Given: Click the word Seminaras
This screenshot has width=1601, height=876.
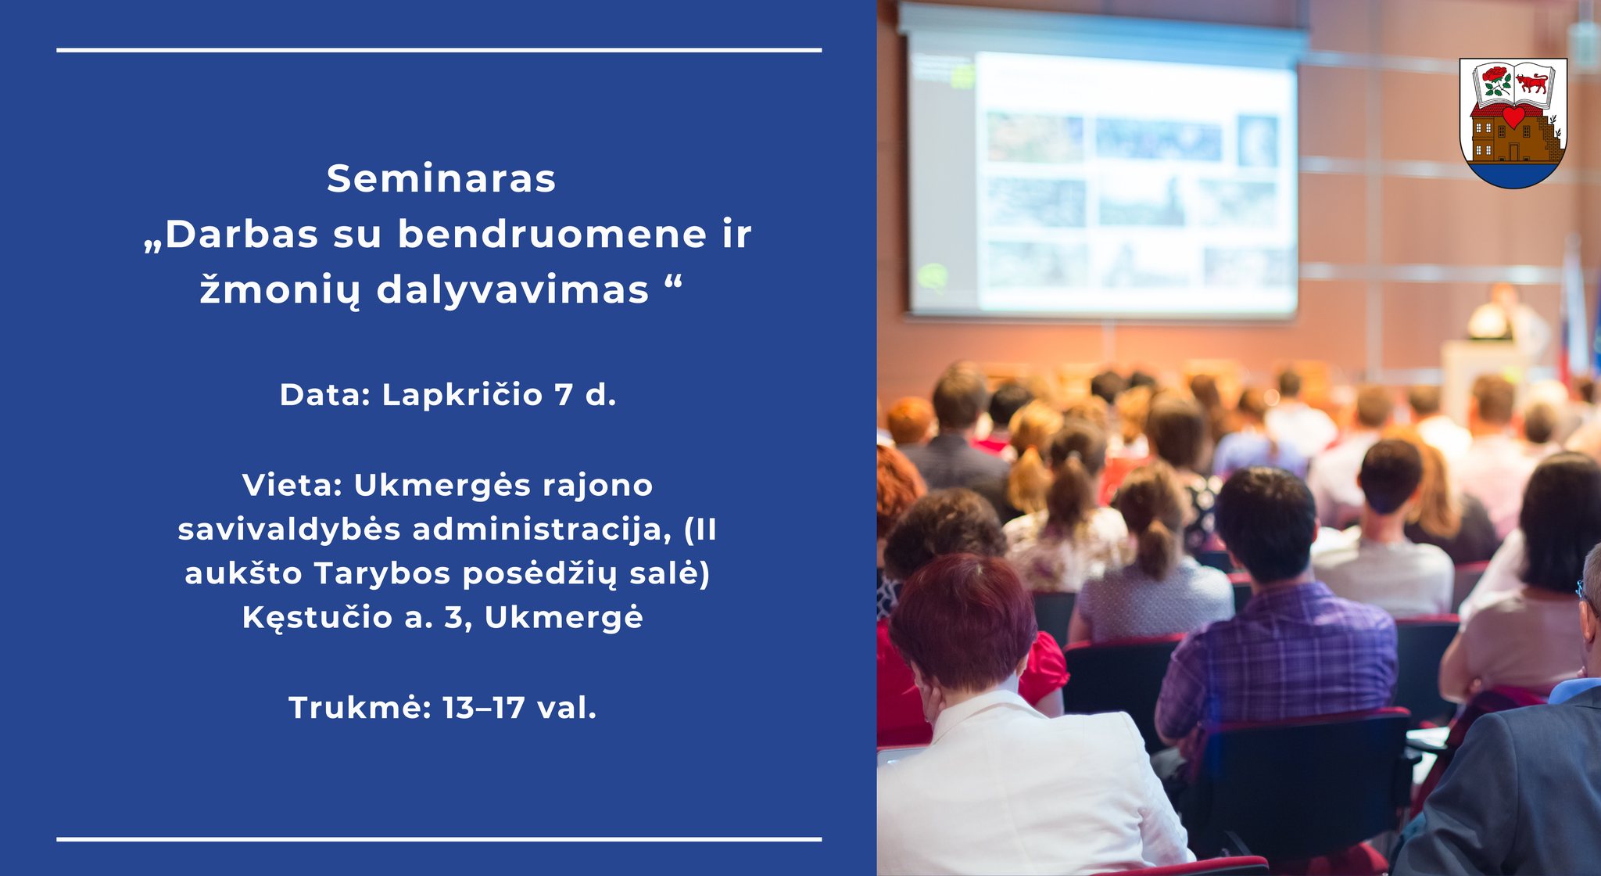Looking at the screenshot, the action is coord(441,179).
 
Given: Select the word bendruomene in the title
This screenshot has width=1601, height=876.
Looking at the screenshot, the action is coord(552,235).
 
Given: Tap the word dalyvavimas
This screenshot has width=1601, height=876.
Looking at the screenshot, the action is coord(513,291).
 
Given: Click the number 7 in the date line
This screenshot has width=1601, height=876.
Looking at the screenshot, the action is coord(564,396).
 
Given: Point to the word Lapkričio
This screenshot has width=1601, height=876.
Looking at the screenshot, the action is coord(462,395).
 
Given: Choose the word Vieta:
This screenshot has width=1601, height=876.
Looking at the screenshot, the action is coord(293,486).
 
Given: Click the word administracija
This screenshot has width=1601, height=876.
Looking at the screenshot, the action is coord(542,530).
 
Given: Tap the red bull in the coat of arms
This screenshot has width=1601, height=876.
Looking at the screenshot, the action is coord(1531,81).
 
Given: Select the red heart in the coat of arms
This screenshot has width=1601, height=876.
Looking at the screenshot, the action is coord(1513,117).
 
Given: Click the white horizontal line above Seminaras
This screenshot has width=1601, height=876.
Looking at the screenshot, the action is coord(439,50).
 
